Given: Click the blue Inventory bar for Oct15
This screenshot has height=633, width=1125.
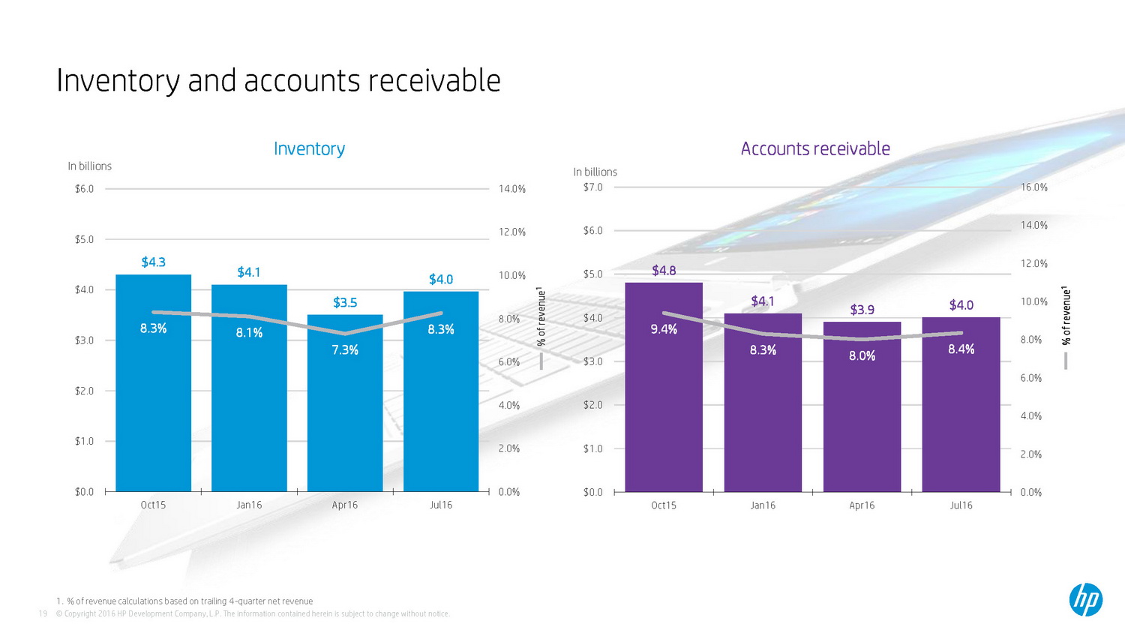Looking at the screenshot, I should (153, 405).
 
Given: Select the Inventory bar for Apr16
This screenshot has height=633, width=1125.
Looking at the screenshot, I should (345, 420).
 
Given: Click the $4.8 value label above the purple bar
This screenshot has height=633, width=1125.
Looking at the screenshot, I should (664, 271).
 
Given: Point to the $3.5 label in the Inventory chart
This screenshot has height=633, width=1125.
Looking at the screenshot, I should (345, 303).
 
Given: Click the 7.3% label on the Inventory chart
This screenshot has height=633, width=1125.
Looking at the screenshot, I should (345, 350).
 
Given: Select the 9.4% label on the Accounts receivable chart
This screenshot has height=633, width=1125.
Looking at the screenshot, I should (664, 329).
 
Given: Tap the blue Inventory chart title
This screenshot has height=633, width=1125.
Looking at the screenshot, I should (309, 149).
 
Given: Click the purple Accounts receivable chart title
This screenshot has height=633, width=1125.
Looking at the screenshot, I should (815, 149).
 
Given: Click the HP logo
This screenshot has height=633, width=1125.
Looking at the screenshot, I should (1085, 600).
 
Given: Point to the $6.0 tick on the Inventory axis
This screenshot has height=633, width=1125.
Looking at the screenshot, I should (84, 189).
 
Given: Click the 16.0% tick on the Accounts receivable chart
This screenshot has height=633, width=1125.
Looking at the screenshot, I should (1034, 187).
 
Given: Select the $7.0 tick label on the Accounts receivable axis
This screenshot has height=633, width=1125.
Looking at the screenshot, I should (592, 187).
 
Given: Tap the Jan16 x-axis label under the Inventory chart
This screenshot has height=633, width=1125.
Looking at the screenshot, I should (249, 505).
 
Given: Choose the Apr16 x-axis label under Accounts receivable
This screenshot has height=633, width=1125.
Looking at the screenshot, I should (862, 505).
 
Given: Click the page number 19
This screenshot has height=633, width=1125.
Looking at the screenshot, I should (43, 613).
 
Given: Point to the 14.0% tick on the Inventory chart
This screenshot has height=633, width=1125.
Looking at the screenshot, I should (512, 189).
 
